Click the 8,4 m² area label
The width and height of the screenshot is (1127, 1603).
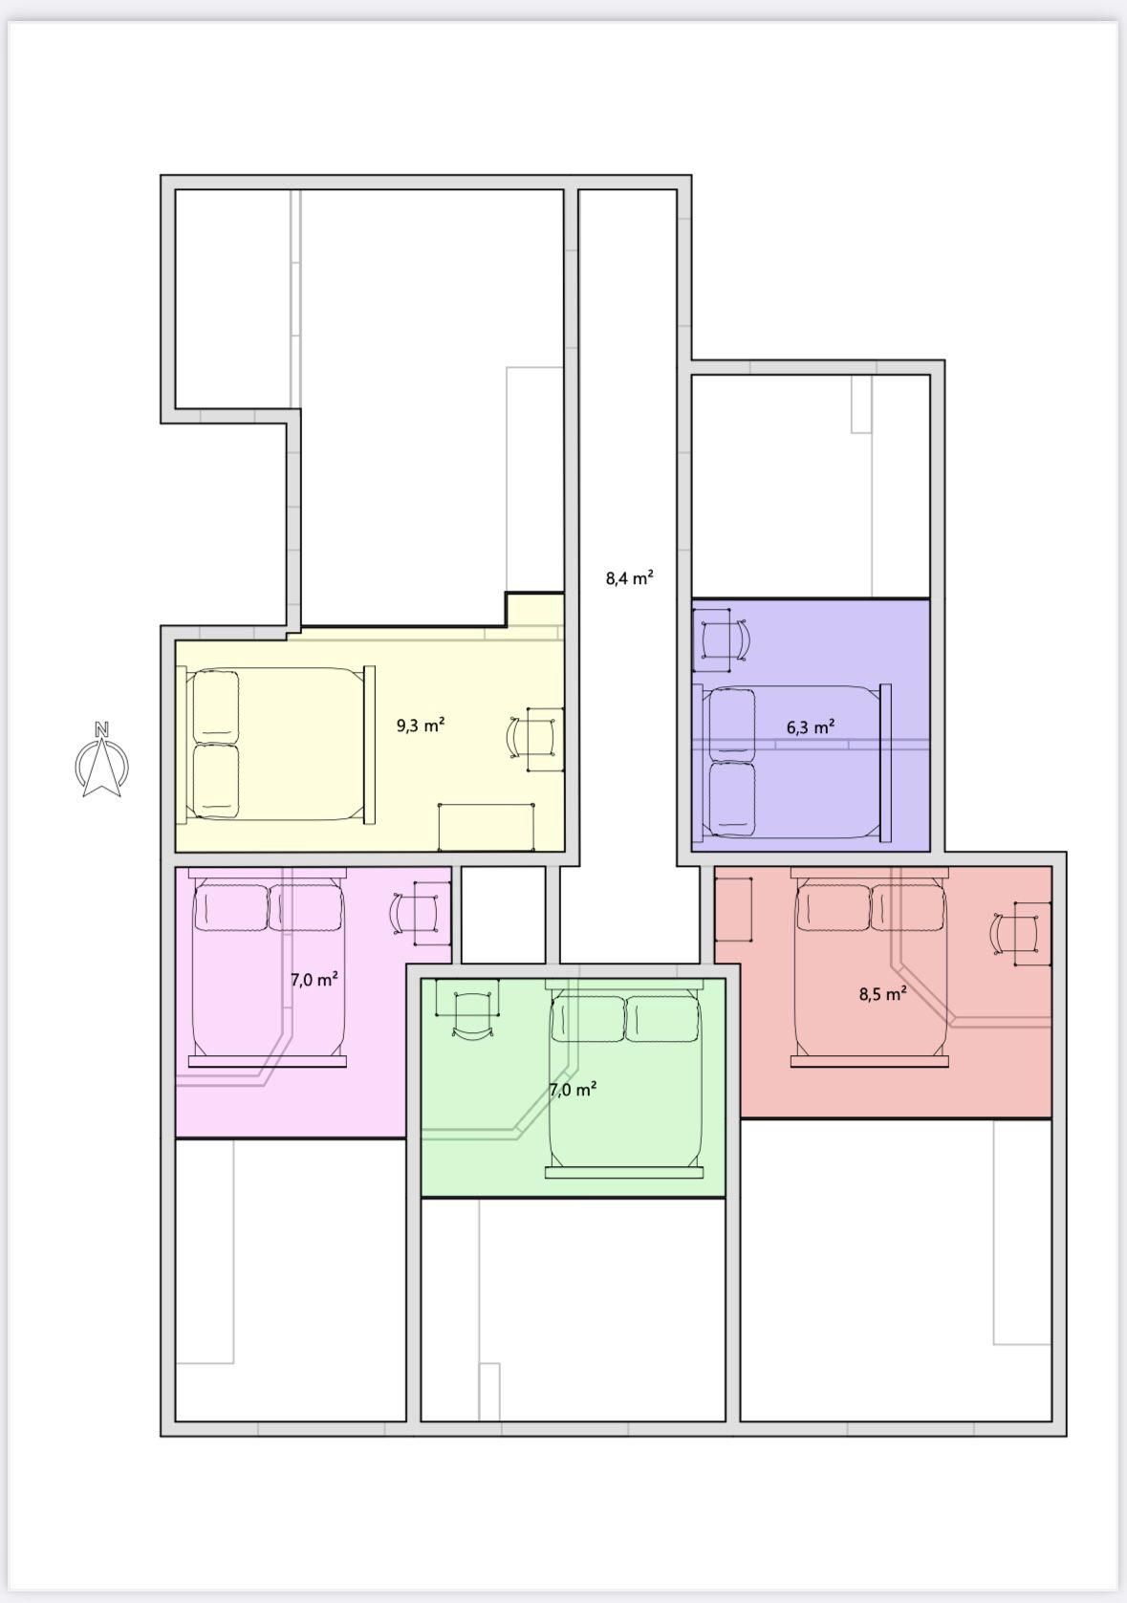[630, 577]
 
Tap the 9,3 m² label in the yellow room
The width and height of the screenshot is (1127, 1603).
[421, 725]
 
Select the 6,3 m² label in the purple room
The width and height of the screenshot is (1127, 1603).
[811, 727]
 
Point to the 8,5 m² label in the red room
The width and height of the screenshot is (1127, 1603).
[883, 993]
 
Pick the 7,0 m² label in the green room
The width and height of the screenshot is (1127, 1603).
[573, 1089]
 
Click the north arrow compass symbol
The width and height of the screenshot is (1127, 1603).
[101, 760]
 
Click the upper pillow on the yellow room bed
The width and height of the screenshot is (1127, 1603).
[216, 706]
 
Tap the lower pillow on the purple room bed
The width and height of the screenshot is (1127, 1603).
[732, 799]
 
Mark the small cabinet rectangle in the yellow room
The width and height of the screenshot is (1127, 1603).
[486, 827]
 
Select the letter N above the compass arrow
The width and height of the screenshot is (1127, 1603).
[101, 729]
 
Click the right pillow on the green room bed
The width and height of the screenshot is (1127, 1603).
[662, 1018]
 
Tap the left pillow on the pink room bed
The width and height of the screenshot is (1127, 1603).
[232, 907]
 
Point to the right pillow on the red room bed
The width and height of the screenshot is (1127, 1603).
[908, 907]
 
